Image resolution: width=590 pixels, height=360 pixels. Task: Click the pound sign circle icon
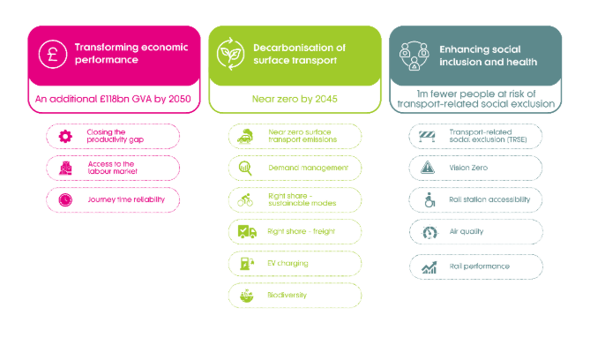click(53, 54)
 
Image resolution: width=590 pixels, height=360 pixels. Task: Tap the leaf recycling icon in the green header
click(231, 54)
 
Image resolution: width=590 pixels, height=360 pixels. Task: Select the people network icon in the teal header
click(414, 56)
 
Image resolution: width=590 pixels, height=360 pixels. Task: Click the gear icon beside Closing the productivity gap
click(65, 136)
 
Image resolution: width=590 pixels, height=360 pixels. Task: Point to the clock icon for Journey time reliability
click(65, 199)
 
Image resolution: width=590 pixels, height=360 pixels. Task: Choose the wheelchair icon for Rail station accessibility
click(429, 200)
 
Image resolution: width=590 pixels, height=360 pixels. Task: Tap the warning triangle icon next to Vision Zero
click(428, 168)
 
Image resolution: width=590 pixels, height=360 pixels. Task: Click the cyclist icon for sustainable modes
click(245, 200)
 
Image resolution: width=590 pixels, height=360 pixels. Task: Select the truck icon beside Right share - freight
click(247, 231)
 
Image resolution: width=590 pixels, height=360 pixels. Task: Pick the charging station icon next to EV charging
click(247, 263)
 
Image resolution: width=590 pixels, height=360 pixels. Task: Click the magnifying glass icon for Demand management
click(245, 168)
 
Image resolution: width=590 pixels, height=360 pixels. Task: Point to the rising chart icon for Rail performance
click(429, 267)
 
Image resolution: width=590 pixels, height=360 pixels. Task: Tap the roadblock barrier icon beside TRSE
click(427, 136)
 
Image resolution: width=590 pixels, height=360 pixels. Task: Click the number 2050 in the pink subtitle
click(180, 99)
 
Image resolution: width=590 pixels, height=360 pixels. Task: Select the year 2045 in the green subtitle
click(325, 99)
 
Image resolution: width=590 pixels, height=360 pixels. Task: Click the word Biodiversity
click(288, 296)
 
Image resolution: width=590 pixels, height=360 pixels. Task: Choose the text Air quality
click(467, 231)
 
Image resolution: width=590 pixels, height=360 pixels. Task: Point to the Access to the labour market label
click(112, 168)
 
